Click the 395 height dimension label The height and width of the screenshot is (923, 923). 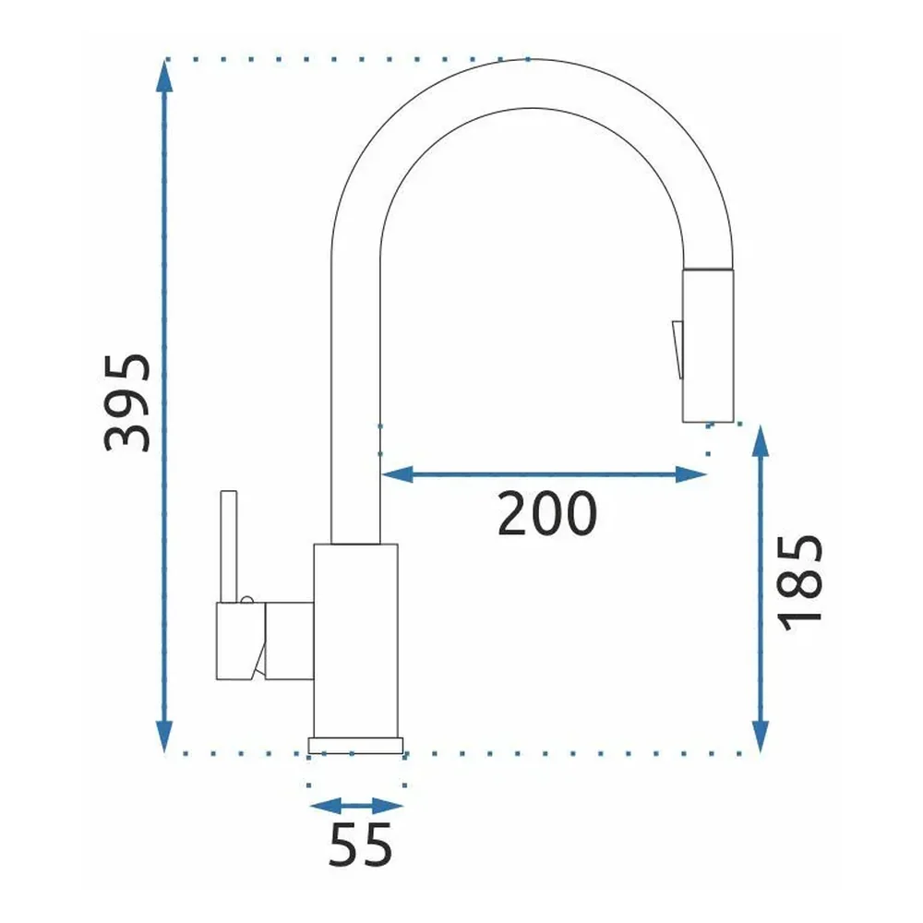click(127, 402)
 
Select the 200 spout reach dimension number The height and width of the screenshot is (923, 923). click(547, 513)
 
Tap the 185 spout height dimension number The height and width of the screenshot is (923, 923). click(799, 582)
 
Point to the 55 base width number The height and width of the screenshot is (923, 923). click(360, 845)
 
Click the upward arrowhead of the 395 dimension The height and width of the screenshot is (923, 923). click(164, 76)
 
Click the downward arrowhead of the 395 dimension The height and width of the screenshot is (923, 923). click(164, 737)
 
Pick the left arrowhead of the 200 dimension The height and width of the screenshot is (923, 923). click(397, 473)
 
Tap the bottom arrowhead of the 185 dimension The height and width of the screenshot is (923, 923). click(761, 737)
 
